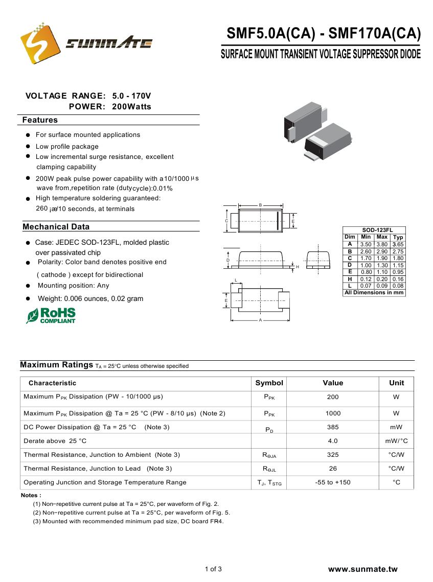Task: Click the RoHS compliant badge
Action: [51, 315]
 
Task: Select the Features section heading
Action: [40, 120]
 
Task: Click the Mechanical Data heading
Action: [56, 227]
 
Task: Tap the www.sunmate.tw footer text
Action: [362, 569]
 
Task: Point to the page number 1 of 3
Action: [213, 569]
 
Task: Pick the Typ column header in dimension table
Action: [398, 237]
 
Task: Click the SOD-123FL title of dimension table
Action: [374, 230]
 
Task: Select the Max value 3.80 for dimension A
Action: [382, 245]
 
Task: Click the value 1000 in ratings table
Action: [333, 413]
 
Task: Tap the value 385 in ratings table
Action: [333, 427]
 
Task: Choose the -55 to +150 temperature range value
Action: [333, 482]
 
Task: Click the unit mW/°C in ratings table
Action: [396, 441]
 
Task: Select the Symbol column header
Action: [269, 383]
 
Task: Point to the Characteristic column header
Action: [52, 383]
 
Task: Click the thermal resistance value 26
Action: [333, 469]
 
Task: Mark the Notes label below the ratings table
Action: [31, 495]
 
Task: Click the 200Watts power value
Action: [131, 107]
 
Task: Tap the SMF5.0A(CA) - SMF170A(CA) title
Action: [324, 34]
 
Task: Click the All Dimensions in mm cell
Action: [374, 293]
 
